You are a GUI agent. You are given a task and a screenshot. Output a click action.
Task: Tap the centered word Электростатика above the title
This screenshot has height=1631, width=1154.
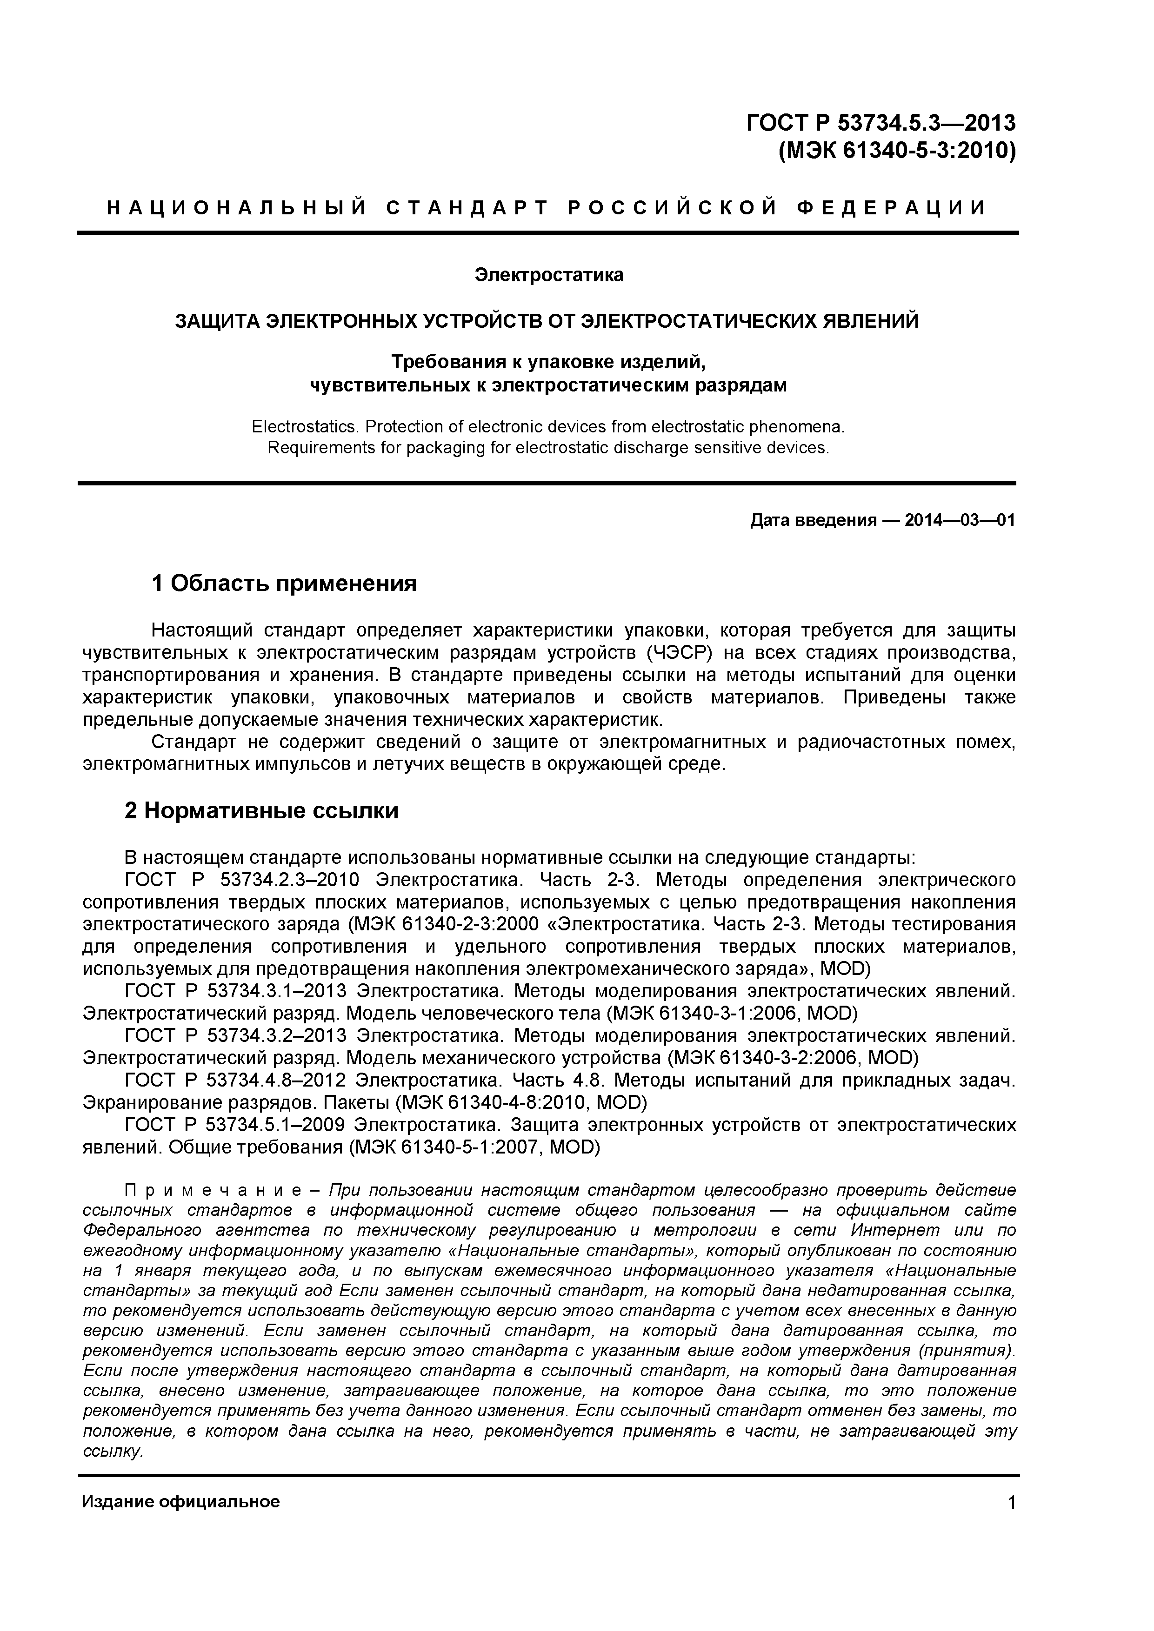pos(548,275)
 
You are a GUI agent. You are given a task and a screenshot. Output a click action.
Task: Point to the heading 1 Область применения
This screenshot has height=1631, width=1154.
pos(284,584)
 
